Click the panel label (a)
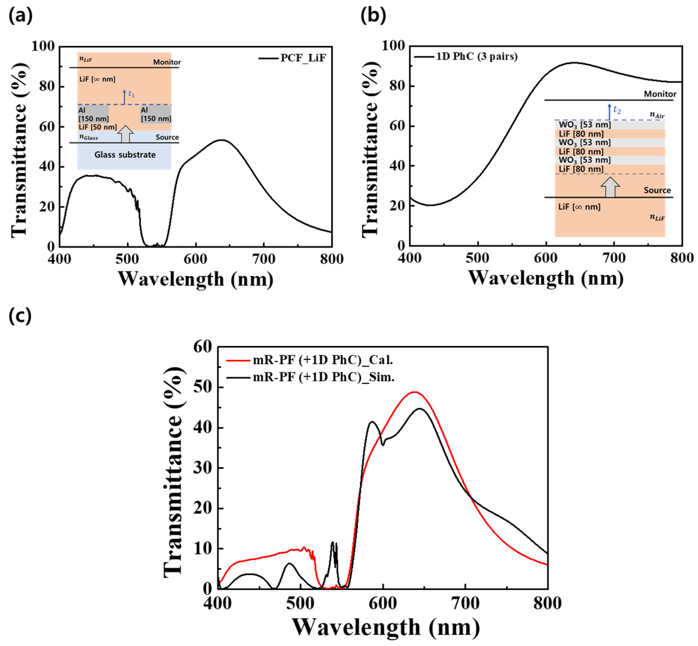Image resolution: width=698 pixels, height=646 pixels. click(x=20, y=16)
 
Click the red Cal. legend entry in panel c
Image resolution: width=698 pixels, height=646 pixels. click(x=323, y=360)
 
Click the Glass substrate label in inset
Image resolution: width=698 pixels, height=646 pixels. click(x=125, y=155)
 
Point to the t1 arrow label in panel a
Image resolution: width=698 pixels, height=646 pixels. click(x=131, y=94)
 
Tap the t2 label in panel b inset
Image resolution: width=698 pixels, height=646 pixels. click(x=617, y=111)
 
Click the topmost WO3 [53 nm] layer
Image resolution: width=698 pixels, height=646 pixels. click(x=585, y=125)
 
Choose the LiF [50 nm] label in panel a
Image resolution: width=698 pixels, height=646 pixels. click(x=97, y=127)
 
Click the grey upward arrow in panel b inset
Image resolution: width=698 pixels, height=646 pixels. click(x=610, y=187)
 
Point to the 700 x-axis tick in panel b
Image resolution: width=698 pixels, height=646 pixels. click(x=614, y=258)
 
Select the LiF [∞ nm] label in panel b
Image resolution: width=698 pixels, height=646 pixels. click(x=579, y=207)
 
